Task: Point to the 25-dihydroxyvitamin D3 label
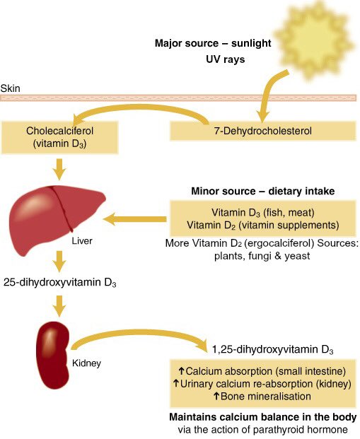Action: click(59, 283)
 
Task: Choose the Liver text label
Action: click(82, 241)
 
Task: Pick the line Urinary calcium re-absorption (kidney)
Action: click(263, 384)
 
